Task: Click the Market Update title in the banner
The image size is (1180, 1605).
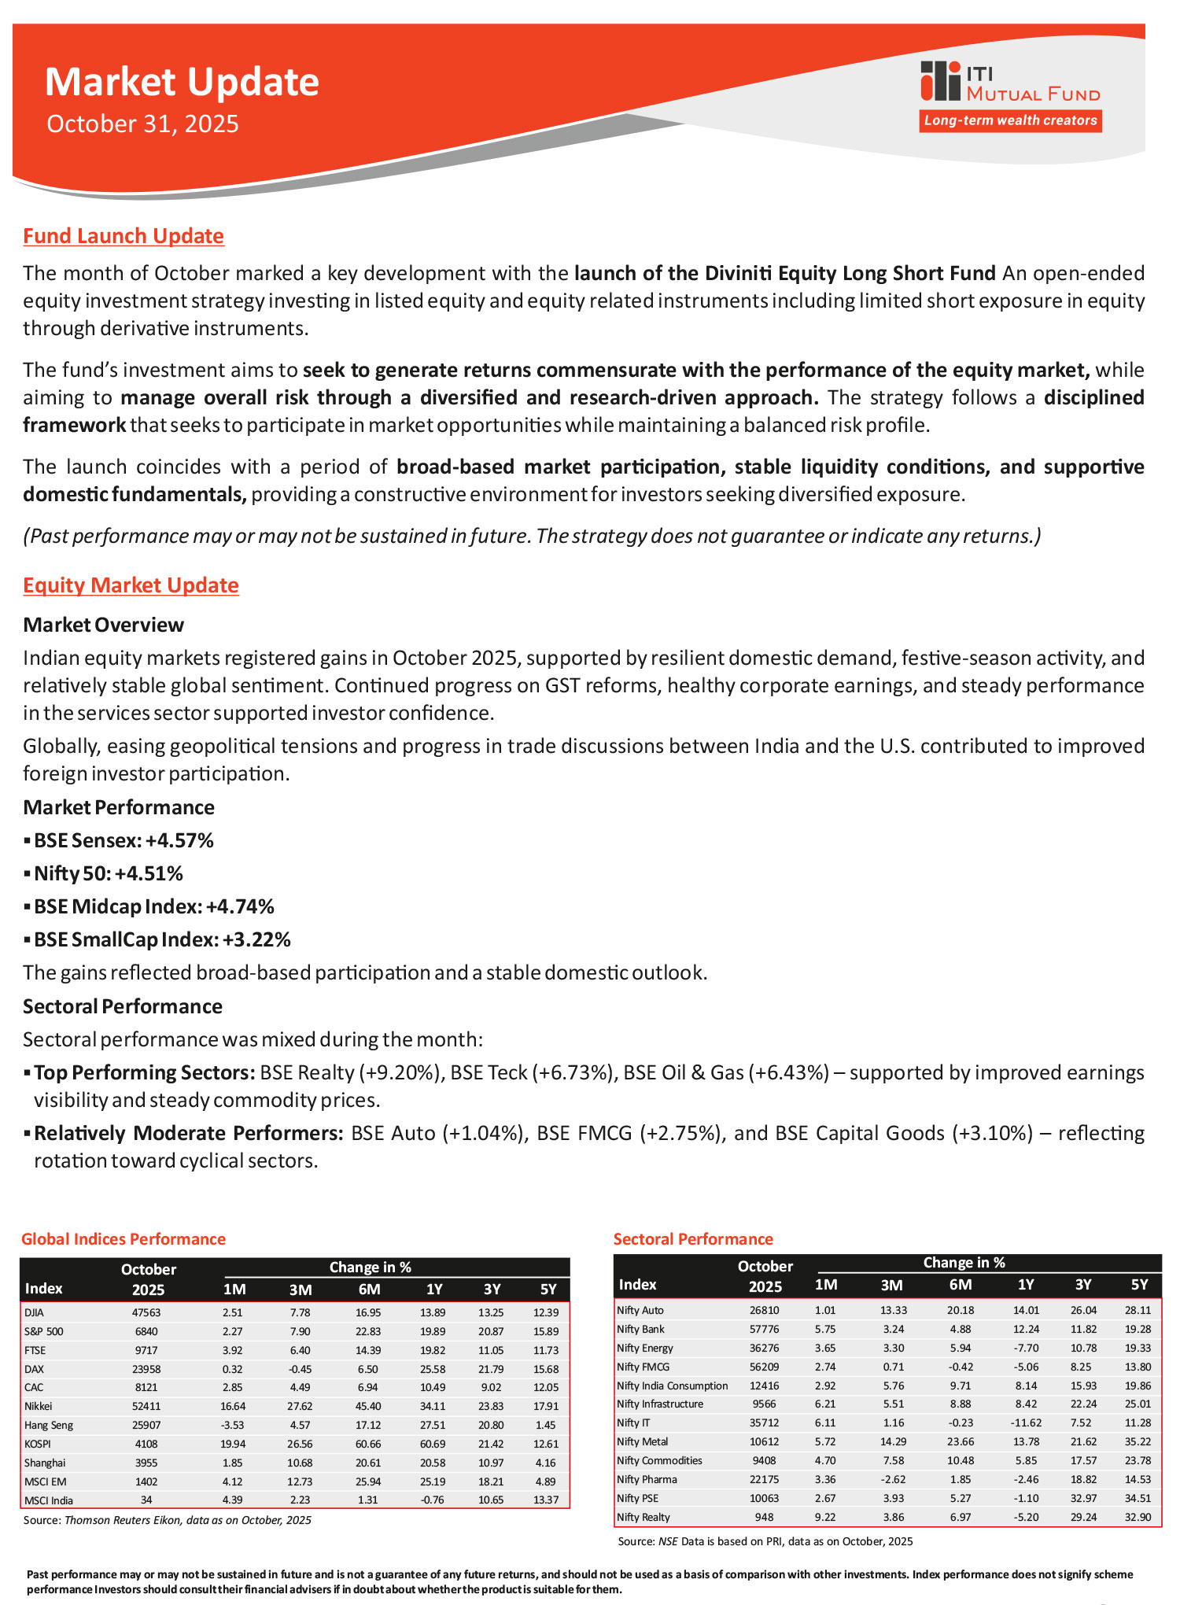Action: coord(182,83)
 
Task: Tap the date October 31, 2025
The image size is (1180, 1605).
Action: coord(142,124)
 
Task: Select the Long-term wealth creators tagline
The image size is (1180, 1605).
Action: coord(1010,120)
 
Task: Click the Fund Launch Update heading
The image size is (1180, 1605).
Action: coord(124,236)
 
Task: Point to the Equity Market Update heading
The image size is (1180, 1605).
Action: coord(131,585)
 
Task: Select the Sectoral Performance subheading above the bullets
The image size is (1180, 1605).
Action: coord(123,1006)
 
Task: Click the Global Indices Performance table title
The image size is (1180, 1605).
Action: coord(124,1239)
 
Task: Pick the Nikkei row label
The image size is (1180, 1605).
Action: coord(39,1406)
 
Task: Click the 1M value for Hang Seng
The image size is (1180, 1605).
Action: coord(234,1425)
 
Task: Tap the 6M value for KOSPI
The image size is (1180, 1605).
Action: coord(368,1444)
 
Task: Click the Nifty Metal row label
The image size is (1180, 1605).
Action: coord(643,1441)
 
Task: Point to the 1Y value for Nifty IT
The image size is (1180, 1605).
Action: coord(1026,1422)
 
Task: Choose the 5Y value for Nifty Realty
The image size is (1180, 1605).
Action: coord(1138,1517)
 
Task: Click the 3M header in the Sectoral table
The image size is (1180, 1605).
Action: coord(891,1285)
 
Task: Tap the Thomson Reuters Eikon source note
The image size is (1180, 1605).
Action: coord(168,1520)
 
